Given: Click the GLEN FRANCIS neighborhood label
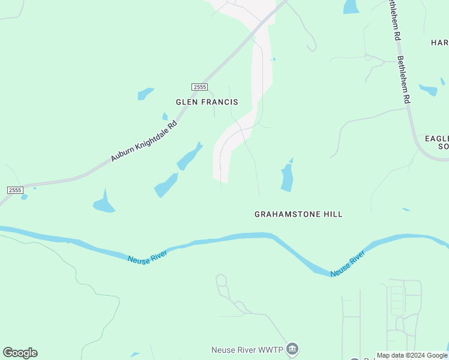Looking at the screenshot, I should click(x=206, y=102).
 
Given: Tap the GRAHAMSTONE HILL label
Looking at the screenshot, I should click(x=298, y=214).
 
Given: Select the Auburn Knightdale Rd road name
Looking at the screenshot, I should click(x=144, y=142).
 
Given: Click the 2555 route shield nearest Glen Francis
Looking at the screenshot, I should click(x=200, y=87).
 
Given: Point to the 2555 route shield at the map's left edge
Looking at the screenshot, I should click(x=15, y=190).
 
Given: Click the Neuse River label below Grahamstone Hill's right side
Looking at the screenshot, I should click(x=348, y=265).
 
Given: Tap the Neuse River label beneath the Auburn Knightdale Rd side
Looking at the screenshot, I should click(x=147, y=255).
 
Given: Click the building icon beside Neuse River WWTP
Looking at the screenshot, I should click(x=292, y=349).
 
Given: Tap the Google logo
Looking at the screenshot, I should click(x=20, y=353).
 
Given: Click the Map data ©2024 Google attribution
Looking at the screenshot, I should click(x=412, y=355).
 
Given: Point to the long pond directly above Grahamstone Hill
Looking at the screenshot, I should click(x=287, y=178).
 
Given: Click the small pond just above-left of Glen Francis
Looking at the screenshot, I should click(x=146, y=94).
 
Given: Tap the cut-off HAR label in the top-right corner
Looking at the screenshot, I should click(x=439, y=43).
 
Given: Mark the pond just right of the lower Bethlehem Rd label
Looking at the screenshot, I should click(x=429, y=90).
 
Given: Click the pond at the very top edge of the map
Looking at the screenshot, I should click(x=351, y=6).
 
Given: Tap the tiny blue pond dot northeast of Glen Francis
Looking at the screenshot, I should click(x=274, y=59).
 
